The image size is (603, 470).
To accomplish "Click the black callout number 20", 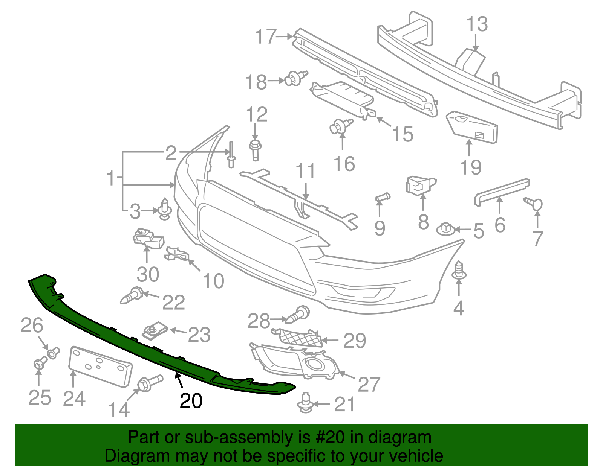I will click(191, 401).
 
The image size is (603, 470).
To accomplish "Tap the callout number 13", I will click(477, 24).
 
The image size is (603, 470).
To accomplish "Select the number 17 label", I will click(266, 37).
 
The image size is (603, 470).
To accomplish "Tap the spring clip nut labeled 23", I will click(155, 330).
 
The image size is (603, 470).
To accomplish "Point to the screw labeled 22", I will click(131, 295).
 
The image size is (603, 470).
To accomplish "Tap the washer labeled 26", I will click(53, 353).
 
